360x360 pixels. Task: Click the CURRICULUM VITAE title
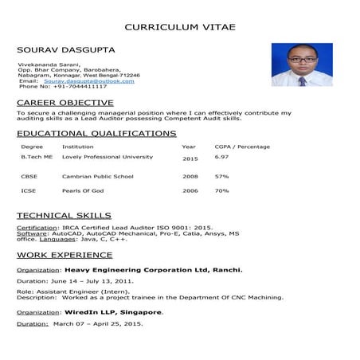(x=180, y=26)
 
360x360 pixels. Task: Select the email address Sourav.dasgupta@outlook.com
(x=89, y=80)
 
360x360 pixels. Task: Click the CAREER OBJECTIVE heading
(x=65, y=103)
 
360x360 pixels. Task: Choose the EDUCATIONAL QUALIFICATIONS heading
(x=96, y=133)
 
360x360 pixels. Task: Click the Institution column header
(x=77, y=147)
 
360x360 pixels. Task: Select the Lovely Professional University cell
(x=108, y=157)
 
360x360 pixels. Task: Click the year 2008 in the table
(x=190, y=176)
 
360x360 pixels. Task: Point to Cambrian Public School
(x=98, y=176)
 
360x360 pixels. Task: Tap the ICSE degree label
(x=28, y=190)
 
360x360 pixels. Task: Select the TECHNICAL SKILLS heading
(x=64, y=216)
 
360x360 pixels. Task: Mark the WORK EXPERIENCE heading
(x=65, y=255)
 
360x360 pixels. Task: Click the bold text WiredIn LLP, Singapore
(x=114, y=312)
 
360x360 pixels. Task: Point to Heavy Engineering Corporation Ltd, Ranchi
(x=154, y=270)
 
